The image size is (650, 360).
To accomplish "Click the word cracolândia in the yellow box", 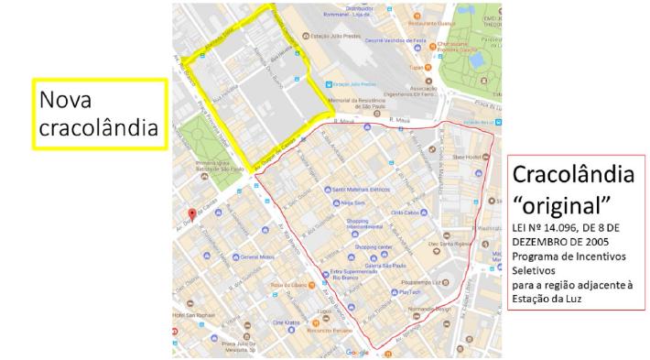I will click(98, 128).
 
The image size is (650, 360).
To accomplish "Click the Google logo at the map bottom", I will click(355, 353).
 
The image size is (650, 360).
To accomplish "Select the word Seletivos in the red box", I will click(537, 272).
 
